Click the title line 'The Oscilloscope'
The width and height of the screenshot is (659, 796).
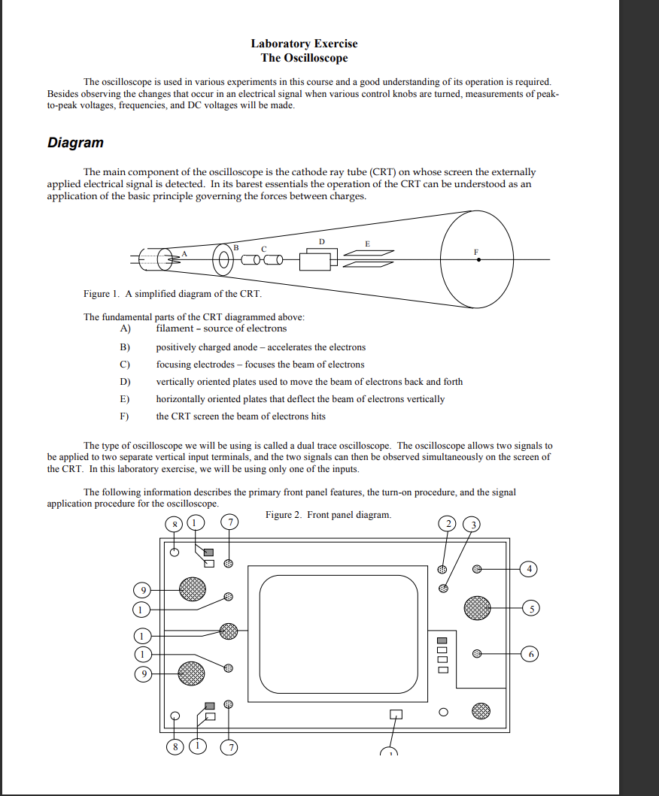coord(304,58)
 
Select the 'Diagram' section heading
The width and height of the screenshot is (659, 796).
coord(75,143)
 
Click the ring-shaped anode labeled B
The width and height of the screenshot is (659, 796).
coord(224,260)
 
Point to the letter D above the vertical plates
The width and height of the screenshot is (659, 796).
coord(321,241)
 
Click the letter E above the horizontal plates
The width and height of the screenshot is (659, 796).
coord(367,244)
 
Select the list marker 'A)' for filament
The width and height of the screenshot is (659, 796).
coord(126,328)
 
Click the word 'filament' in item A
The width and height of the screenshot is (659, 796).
coord(172,328)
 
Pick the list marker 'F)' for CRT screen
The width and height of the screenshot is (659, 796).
coord(126,416)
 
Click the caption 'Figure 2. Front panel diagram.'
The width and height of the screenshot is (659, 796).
coord(328,515)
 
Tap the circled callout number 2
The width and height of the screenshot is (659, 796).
coord(447,523)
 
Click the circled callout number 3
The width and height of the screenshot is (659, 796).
coord(472,523)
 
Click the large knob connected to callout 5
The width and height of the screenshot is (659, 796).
coord(477,607)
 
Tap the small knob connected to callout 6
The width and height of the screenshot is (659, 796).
coord(476,654)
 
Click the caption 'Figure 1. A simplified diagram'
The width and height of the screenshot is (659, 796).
coord(172,293)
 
